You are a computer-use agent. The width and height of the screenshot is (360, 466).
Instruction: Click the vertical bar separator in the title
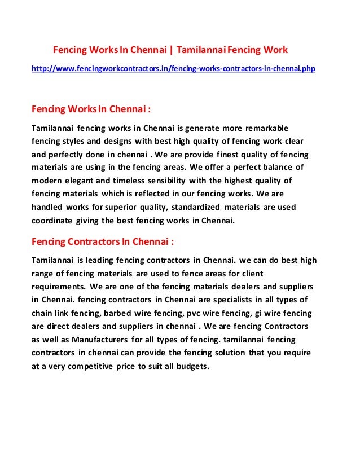[x=172, y=50]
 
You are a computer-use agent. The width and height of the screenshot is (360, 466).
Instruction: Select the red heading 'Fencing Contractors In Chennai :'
[x=102, y=242]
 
